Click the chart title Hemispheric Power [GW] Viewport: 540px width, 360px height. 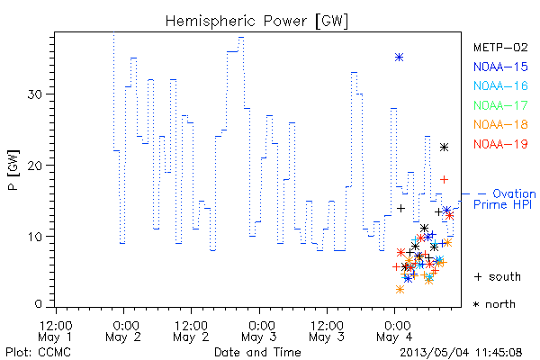pyautogui.click(x=256, y=22)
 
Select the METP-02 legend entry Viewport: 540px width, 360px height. pyautogui.click(x=500, y=47)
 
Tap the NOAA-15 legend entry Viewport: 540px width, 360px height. pyautogui.click(x=500, y=67)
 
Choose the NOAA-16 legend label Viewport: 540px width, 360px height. pyautogui.click(x=500, y=85)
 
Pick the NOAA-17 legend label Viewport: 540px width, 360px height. pyautogui.click(x=500, y=105)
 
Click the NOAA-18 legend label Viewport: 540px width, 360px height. pyautogui.click(x=500, y=124)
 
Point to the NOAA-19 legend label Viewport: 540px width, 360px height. pyautogui.click(x=500, y=144)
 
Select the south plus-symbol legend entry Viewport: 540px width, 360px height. pyautogui.click(x=498, y=276)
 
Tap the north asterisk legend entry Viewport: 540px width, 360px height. pyautogui.click(x=494, y=304)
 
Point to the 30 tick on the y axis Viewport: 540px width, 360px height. pyautogui.click(x=35, y=94)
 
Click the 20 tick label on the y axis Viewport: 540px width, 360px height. pyautogui.click(x=35, y=165)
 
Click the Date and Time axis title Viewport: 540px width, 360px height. pyautogui.click(x=257, y=352)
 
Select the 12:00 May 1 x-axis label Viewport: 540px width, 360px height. pyautogui.click(x=56, y=331)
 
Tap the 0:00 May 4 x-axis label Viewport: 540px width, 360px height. pyautogui.click(x=395, y=331)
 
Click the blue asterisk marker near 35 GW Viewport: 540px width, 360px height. pyautogui.click(x=399, y=58)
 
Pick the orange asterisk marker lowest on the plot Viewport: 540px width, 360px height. pyautogui.click(x=400, y=290)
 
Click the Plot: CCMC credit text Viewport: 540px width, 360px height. pyautogui.click(x=38, y=352)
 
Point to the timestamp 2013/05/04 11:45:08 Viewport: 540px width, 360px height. pyautogui.click(x=461, y=353)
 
